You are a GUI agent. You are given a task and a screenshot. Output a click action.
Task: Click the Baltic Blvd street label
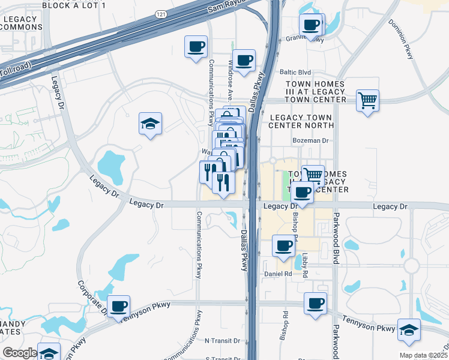coord(295,71)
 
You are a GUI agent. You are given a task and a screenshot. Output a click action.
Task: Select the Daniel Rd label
coord(278,274)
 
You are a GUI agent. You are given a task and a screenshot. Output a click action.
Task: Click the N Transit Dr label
coord(222,340)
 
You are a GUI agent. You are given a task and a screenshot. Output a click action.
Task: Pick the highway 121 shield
coord(160,14)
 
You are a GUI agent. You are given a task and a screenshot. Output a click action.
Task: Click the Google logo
coord(19,353)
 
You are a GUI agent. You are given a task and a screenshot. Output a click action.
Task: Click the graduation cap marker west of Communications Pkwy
coord(150,124)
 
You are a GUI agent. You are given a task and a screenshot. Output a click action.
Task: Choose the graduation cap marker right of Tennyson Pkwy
coord(409,330)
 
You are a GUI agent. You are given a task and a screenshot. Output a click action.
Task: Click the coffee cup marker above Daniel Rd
coord(284,245)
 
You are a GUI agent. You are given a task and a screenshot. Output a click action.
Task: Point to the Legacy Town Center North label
coord(301,121)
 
